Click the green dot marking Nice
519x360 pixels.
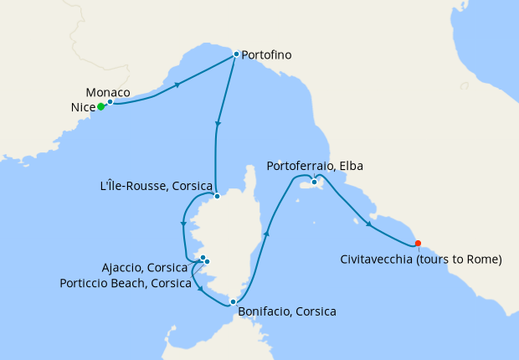[x=100, y=106]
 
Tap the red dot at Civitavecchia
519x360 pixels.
[x=418, y=244]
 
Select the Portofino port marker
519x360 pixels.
[x=236, y=54]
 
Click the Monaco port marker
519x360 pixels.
[x=110, y=101]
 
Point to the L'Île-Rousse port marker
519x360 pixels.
[x=216, y=197]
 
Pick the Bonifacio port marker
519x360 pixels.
[x=234, y=301]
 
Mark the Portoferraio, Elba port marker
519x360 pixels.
[x=314, y=182]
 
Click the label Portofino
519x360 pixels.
[x=266, y=54]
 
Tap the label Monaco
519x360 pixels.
[x=108, y=91]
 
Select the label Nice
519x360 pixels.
[x=83, y=107]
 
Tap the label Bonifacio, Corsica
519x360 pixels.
[x=287, y=311]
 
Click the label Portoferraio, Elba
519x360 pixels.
[x=315, y=167]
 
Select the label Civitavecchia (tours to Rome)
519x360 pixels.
[x=421, y=260]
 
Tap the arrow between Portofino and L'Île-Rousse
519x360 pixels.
[x=218, y=125]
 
